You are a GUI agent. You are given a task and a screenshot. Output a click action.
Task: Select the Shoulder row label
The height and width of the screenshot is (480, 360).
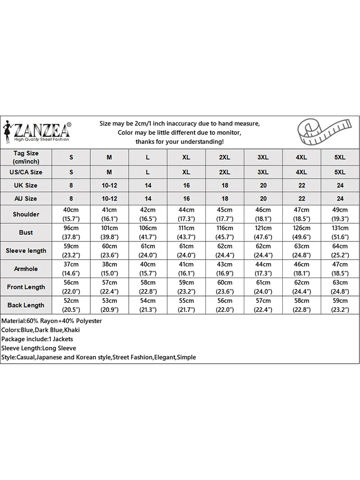(x=26, y=214)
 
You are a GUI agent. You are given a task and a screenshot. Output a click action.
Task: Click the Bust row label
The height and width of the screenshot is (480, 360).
(x=26, y=232)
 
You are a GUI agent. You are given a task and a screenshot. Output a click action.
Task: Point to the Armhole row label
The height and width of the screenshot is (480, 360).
(x=26, y=269)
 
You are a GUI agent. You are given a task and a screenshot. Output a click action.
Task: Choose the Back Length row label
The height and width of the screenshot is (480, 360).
(x=26, y=305)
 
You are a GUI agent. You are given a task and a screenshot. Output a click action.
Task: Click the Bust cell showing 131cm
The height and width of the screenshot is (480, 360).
(x=340, y=232)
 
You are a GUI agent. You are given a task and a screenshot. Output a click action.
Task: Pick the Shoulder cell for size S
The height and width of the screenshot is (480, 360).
(x=72, y=214)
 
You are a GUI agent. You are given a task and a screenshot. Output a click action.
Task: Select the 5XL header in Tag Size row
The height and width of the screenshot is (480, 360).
(x=340, y=157)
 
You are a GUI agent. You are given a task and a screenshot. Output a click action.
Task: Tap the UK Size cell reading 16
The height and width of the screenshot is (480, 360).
(x=186, y=185)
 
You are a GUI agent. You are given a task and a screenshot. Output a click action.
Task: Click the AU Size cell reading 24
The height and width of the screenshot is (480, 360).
(x=340, y=198)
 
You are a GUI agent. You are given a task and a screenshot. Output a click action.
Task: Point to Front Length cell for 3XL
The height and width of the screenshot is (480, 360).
(x=263, y=287)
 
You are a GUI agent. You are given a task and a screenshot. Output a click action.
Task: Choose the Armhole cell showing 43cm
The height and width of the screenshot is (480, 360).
(x=225, y=269)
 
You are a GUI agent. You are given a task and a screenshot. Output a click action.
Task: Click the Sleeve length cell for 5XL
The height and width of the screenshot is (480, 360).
(x=340, y=251)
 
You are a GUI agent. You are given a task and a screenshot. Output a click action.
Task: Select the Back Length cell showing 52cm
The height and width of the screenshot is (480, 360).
(x=72, y=305)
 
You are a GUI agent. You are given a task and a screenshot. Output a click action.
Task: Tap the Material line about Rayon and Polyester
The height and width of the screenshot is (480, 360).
(x=52, y=321)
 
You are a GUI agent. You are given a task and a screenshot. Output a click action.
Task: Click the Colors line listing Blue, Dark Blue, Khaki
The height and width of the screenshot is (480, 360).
(x=41, y=330)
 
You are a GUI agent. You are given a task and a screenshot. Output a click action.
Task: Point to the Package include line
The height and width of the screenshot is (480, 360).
(x=37, y=339)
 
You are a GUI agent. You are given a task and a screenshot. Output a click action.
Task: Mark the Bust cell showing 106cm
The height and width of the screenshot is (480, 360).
(x=148, y=232)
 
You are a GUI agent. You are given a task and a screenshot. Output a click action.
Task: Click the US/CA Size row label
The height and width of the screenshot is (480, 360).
(x=26, y=172)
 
